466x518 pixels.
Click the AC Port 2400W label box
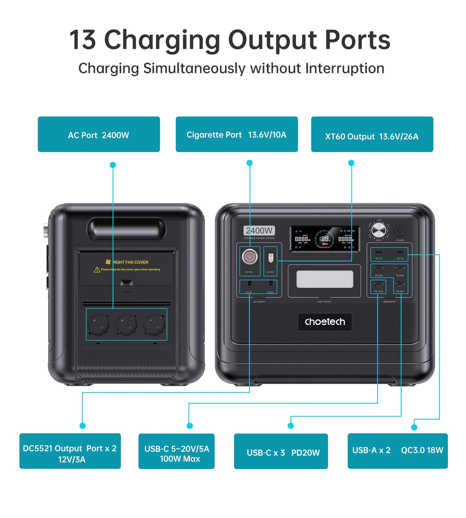click(99, 134)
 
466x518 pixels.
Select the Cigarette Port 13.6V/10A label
click(236, 134)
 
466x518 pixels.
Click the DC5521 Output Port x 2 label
click(70, 451)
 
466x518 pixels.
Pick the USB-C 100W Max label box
click(176, 451)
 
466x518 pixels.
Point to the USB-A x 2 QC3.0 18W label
click(397, 451)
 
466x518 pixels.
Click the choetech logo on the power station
click(325, 322)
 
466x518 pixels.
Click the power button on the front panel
click(400, 230)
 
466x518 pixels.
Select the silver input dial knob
click(379, 230)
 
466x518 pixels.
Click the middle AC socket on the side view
click(126, 324)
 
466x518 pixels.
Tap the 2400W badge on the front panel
click(259, 231)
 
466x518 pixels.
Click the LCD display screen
click(324, 239)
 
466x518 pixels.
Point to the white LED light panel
click(324, 279)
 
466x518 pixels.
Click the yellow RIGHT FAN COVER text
click(130, 262)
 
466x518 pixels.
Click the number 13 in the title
click(83, 40)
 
